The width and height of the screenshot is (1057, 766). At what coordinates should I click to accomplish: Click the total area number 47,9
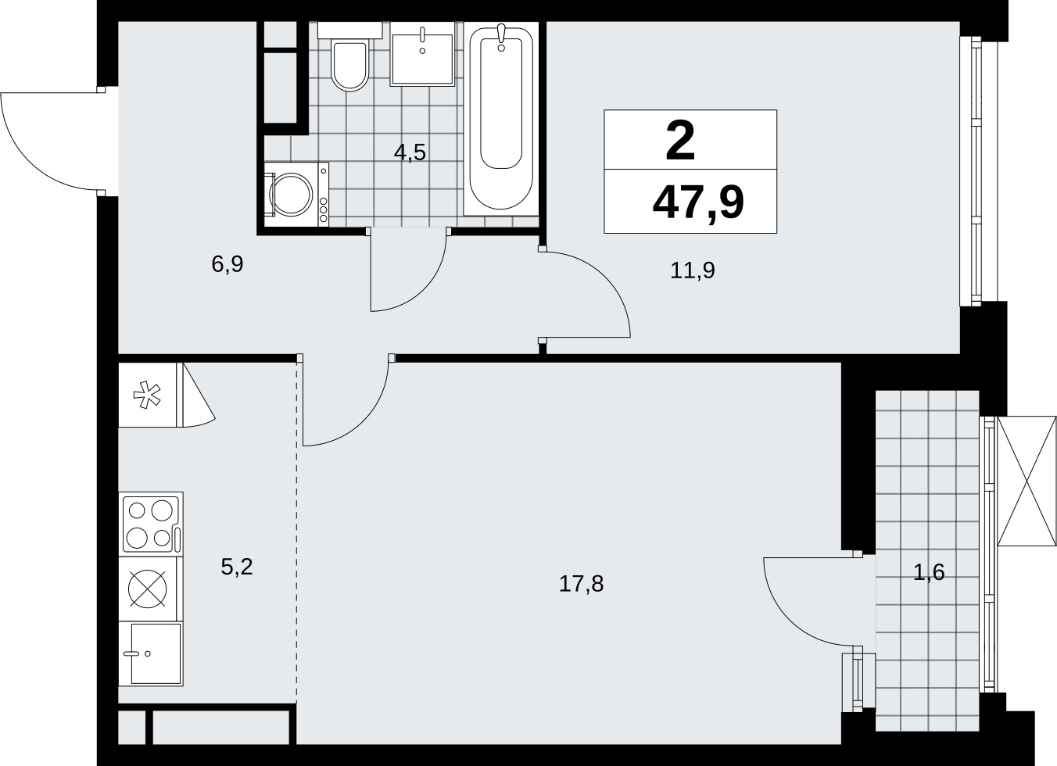pos(698,202)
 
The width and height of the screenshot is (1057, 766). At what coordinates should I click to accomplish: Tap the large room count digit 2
pos(680,140)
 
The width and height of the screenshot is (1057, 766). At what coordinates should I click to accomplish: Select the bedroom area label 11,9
pos(692,270)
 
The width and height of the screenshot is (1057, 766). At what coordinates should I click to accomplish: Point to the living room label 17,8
pos(581,584)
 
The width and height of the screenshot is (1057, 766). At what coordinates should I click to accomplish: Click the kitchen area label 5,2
pos(237,567)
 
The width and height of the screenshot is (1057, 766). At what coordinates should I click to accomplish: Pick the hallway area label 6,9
pos(228,264)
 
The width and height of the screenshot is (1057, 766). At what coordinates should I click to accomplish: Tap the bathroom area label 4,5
pos(410,153)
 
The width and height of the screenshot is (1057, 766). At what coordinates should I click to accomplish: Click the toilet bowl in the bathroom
pos(349,65)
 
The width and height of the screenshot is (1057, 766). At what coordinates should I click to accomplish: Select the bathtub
pos(500,119)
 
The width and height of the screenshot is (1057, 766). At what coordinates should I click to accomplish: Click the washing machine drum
pos(291,195)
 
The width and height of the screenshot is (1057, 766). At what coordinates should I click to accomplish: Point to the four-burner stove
pos(151,524)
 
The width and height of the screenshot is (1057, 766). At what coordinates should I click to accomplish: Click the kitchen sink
pos(151,653)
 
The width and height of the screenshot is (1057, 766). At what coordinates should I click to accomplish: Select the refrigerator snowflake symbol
pos(147,395)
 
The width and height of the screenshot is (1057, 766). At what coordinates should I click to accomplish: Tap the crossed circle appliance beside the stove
pos(147,589)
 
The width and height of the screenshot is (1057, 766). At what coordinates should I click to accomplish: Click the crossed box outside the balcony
pos(1027,481)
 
